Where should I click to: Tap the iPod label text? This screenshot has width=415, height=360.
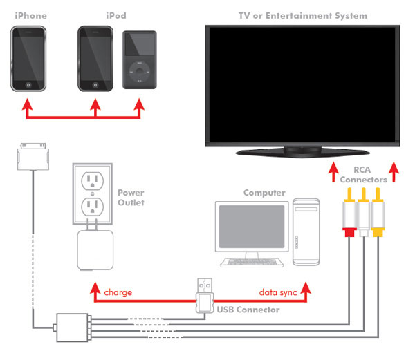[116, 15]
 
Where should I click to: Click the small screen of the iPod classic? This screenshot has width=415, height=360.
[140, 46]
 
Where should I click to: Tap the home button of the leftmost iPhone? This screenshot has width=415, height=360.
[28, 84]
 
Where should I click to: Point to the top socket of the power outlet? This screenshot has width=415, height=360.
[93, 182]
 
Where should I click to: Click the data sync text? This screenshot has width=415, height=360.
[277, 292]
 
